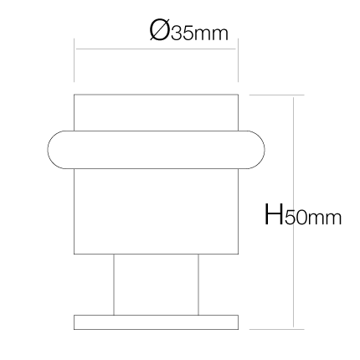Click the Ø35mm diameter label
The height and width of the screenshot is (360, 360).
(189, 30)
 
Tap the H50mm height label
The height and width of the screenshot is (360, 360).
(303, 214)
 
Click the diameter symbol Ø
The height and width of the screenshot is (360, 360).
(159, 30)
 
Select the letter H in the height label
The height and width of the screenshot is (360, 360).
(274, 214)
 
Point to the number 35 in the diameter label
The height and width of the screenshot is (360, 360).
(182, 33)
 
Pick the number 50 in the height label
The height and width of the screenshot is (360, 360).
(296, 218)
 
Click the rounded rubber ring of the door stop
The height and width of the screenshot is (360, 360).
(156, 150)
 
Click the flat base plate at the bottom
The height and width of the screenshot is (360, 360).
(156, 322)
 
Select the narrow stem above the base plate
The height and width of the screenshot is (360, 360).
(156, 285)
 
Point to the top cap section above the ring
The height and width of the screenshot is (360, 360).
(156, 112)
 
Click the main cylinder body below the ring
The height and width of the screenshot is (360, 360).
(156, 211)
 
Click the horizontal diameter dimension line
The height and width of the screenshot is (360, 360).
(156, 49)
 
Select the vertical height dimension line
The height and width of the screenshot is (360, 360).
(293, 212)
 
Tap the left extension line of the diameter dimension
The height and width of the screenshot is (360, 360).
(75, 60)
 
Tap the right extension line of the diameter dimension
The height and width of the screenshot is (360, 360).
(238, 60)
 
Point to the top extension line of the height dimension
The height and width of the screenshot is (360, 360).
(276, 95)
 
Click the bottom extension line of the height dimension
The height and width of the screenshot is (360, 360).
(276, 329)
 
